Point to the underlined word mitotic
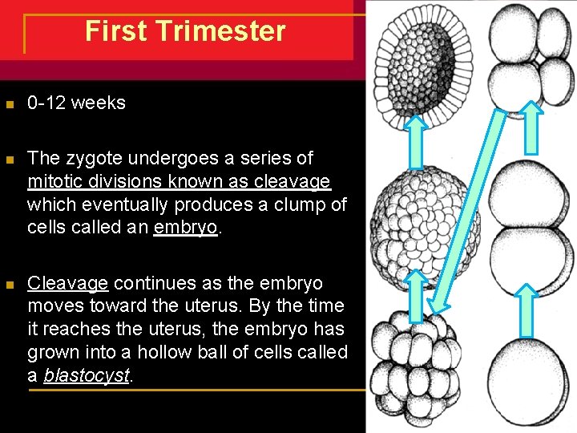pos(54,181)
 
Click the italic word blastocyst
pos(87,375)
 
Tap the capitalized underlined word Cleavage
pos(67,283)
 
